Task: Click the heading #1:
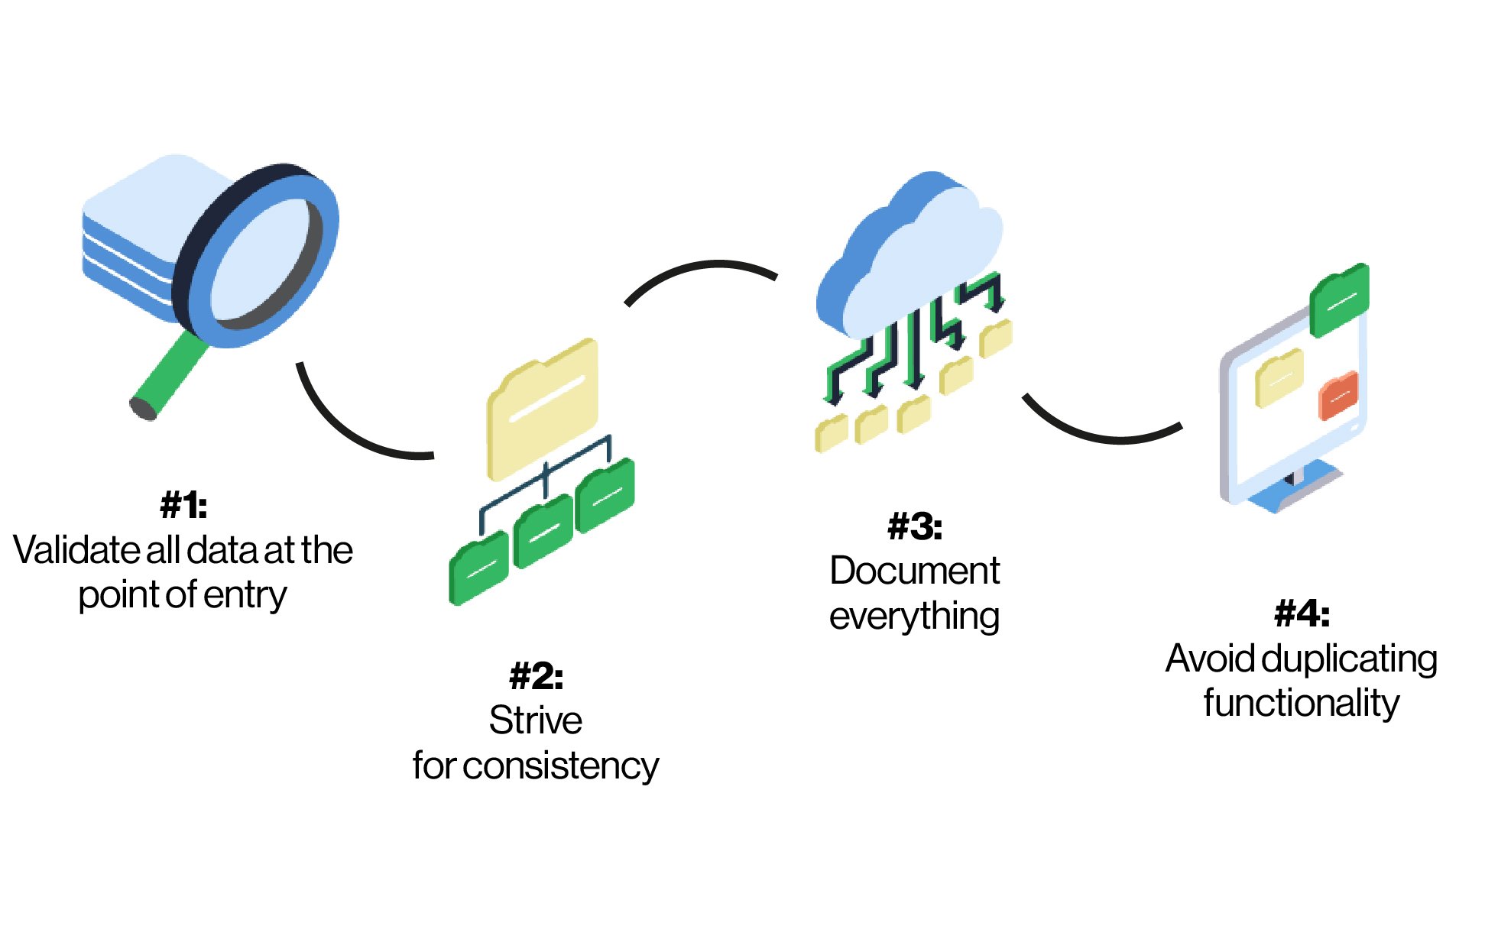click(183, 505)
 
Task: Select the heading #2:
click(536, 676)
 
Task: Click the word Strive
click(536, 720)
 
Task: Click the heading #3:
click(914, 527)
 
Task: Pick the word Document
click(914, 571)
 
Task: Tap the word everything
click(914, 616)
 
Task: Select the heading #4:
click(1302, 613)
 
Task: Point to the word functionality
click(1302, 703)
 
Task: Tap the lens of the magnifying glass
click(260, 260)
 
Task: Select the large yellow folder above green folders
click(543, 409)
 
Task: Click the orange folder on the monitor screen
click(1338, 395)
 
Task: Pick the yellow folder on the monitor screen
click(1279, 377)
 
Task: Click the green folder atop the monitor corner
click(1339, 299)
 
